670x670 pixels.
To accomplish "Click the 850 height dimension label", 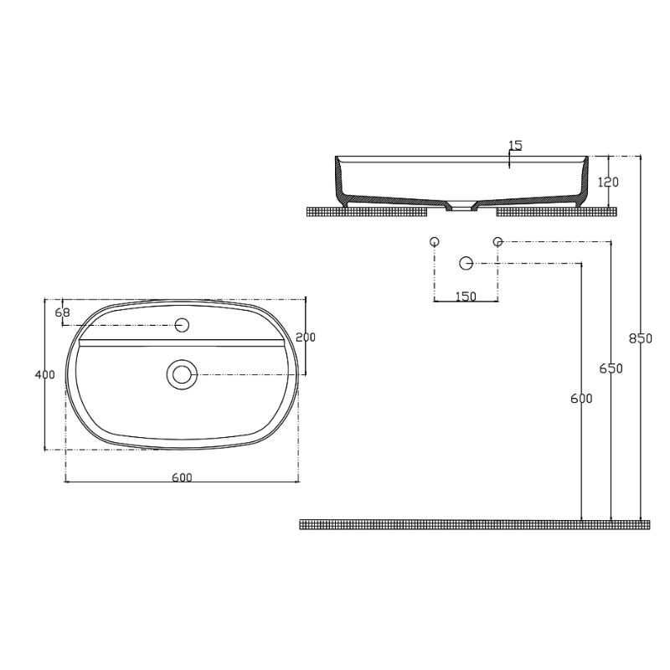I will tap(639, 338).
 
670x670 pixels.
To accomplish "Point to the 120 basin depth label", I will tap(609, 182).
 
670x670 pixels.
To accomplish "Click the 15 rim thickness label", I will tap(515, 146).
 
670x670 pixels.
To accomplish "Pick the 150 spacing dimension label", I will tap(466, 296).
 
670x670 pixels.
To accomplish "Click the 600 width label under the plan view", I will tap(182, 477).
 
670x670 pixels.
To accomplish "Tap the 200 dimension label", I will tap(306, 337).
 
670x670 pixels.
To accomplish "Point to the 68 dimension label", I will tap(61, 312).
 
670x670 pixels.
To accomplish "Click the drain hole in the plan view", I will tap(181, 374).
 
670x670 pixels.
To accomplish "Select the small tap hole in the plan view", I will tap(183, 324).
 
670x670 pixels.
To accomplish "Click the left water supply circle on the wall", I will tap(434, 242).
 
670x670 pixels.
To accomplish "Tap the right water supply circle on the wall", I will tap(497, 242).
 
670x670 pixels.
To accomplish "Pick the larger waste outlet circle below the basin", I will tap(466, 263).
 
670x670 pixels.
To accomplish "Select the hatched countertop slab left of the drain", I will tap(368, 211).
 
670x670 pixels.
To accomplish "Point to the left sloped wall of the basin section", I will tap(340, 181).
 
